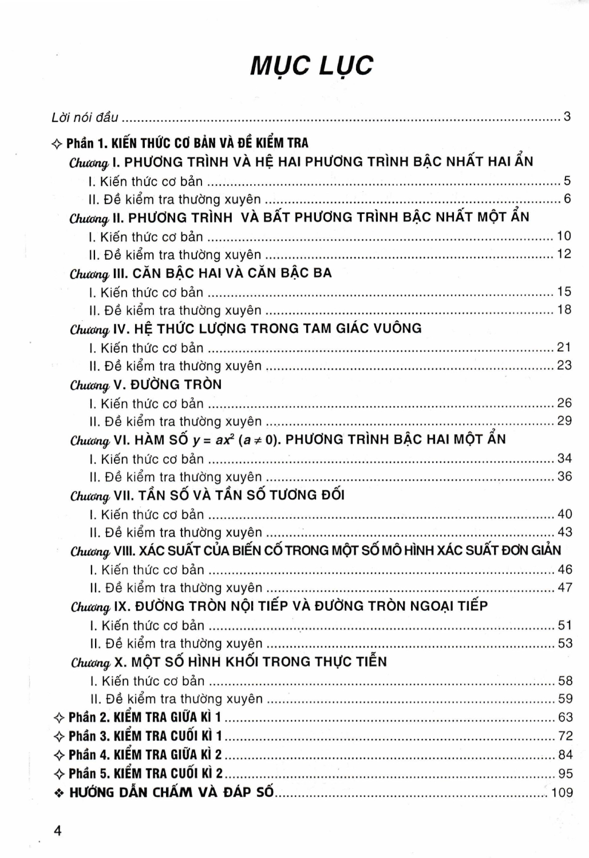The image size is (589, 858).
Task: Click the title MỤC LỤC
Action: pos(311,65)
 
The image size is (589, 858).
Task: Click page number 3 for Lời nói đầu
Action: pos(567,117)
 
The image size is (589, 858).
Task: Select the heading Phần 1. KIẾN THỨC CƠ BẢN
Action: pos(187,143)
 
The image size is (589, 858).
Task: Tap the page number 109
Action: pos(562,793)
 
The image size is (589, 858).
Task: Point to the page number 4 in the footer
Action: pos(57,831)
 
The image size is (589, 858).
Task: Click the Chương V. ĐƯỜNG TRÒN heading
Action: pos(145,384)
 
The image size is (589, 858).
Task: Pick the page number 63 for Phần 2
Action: pos(565,717)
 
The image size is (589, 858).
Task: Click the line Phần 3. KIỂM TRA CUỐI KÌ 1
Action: pos(145,736)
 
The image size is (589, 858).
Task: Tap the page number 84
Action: pos(565,754)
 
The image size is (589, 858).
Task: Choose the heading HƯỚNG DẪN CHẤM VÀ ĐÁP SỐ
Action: pos(172,793)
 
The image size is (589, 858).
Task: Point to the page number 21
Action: pos(564,347)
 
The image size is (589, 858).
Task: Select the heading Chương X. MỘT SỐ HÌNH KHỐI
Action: pos(228,662)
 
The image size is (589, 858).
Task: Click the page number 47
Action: pos(565,587)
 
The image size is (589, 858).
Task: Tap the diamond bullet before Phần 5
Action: pos(58,774)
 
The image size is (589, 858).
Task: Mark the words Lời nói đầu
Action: pos(85,117)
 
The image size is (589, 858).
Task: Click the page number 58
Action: pos(565,681)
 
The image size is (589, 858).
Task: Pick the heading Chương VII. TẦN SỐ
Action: pos(207,495)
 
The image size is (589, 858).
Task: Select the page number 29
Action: pos(564,421)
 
